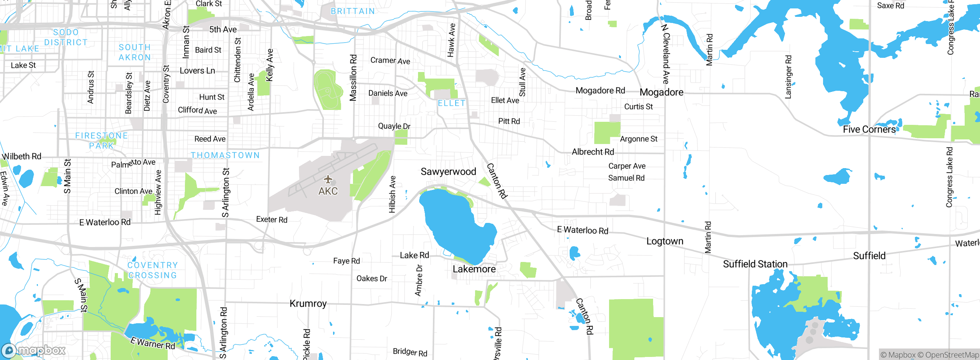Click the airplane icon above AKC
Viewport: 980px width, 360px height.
[328, 179]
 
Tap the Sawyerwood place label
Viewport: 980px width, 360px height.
[448, 172]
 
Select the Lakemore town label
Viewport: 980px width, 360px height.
[474, 269]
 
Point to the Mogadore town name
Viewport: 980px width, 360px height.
[661, 92]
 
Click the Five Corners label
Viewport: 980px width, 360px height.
[869, 129]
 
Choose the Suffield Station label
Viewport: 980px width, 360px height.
[755, 264]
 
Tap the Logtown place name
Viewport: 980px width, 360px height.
[665, 241]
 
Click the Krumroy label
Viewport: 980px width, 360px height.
[308, 304]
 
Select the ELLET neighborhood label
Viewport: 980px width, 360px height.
[452, 103]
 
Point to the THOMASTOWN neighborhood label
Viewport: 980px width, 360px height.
[225, 155]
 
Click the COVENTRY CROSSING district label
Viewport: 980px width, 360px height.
[152, 270]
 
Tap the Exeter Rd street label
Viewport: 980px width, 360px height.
[271, 219]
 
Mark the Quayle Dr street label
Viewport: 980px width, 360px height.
[394, 126]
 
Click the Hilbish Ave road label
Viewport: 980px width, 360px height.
[392, 195]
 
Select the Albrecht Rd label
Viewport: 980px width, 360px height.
[593, 152]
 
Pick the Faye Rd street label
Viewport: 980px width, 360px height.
[346, 261]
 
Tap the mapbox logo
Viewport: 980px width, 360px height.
[34, 350]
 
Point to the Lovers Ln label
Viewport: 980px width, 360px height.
[197, 71]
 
